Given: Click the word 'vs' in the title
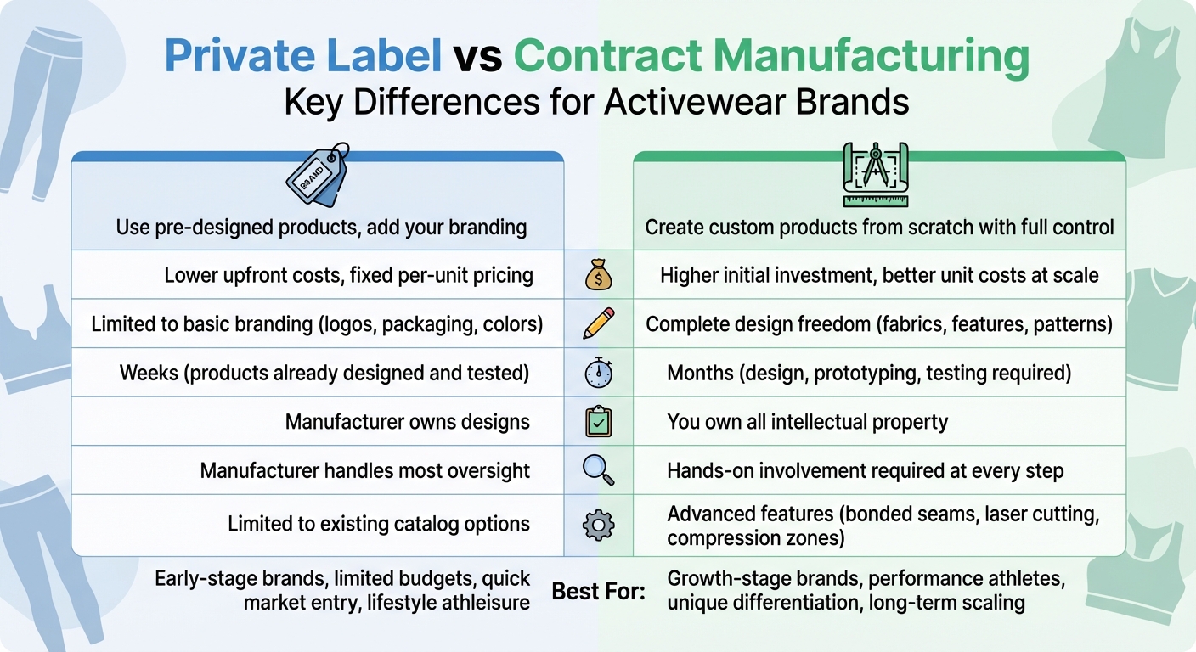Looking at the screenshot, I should (477, 56).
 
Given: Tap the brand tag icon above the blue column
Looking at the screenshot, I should (318, 177).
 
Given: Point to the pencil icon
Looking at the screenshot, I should (598, 323).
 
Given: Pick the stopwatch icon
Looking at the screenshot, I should (598, 373).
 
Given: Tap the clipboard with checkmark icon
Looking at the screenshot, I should (598, 422).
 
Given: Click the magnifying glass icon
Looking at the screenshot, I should (598, 470).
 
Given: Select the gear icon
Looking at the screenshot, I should (598, 526).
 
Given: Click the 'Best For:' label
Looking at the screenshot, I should (598, 591).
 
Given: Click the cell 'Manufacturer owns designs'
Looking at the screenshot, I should (407, 422).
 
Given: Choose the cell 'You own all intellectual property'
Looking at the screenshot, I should (807, 422).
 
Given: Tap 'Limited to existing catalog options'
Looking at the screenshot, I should (378, 525).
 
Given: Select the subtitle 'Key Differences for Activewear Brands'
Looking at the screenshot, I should (596, 102).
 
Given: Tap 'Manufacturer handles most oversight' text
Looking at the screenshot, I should (364, 470).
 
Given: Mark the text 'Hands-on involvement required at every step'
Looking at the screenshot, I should (865, 470).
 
